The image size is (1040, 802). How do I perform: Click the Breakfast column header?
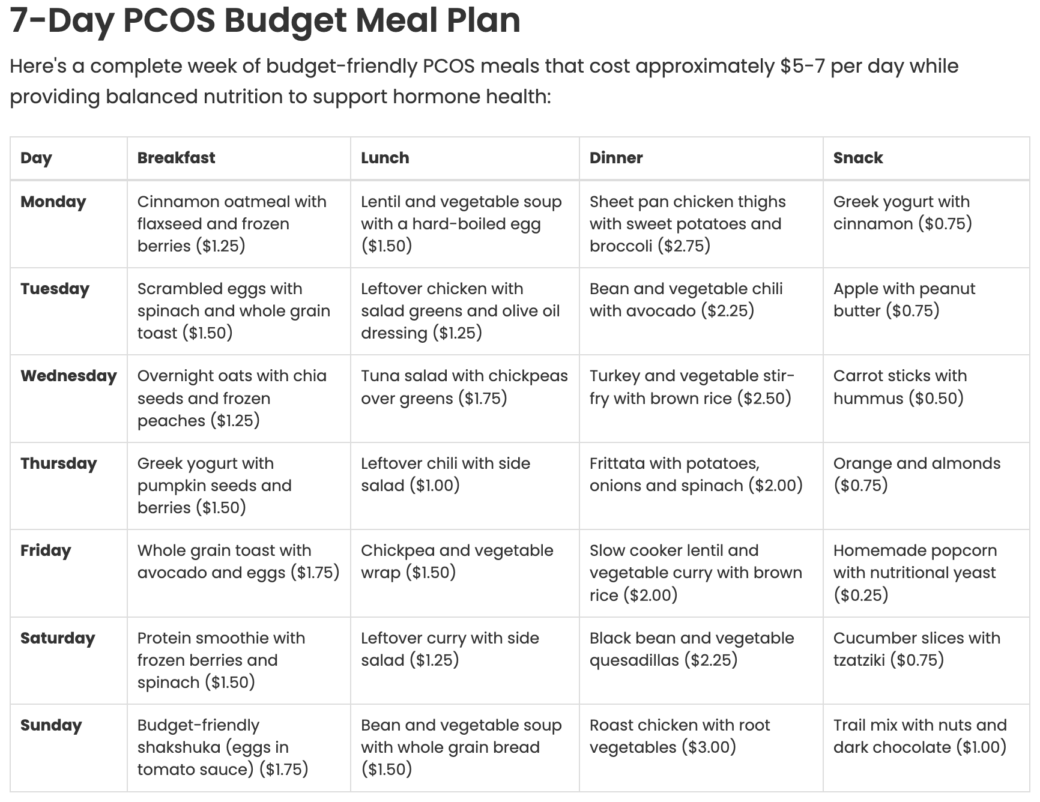click(x=176, y=158)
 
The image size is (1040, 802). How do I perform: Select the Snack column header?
click(x=857, y=158)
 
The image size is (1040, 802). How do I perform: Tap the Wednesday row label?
click(x=68, y=376)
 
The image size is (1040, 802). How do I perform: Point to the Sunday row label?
click(x=51, y=726)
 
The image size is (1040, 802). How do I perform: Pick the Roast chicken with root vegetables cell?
click(x=679, y=737)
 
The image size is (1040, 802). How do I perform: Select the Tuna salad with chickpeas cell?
click(x=464, y=387)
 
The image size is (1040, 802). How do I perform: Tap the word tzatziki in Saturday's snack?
click(x=859, y=661)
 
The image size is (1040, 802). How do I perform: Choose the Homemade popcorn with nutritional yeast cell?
click(x=914, y=573)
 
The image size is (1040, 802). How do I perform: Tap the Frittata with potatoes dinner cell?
click(x=695, y=475)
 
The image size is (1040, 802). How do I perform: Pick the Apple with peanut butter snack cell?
click(x=904, y=300)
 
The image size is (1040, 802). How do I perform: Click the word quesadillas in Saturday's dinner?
click(x=634, y=661)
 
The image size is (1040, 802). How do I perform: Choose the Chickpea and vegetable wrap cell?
click(x=456, y=562)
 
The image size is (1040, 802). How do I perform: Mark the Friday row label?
click(x=46, y=551)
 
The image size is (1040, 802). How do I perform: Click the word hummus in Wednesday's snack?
click(x=868, y=399)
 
